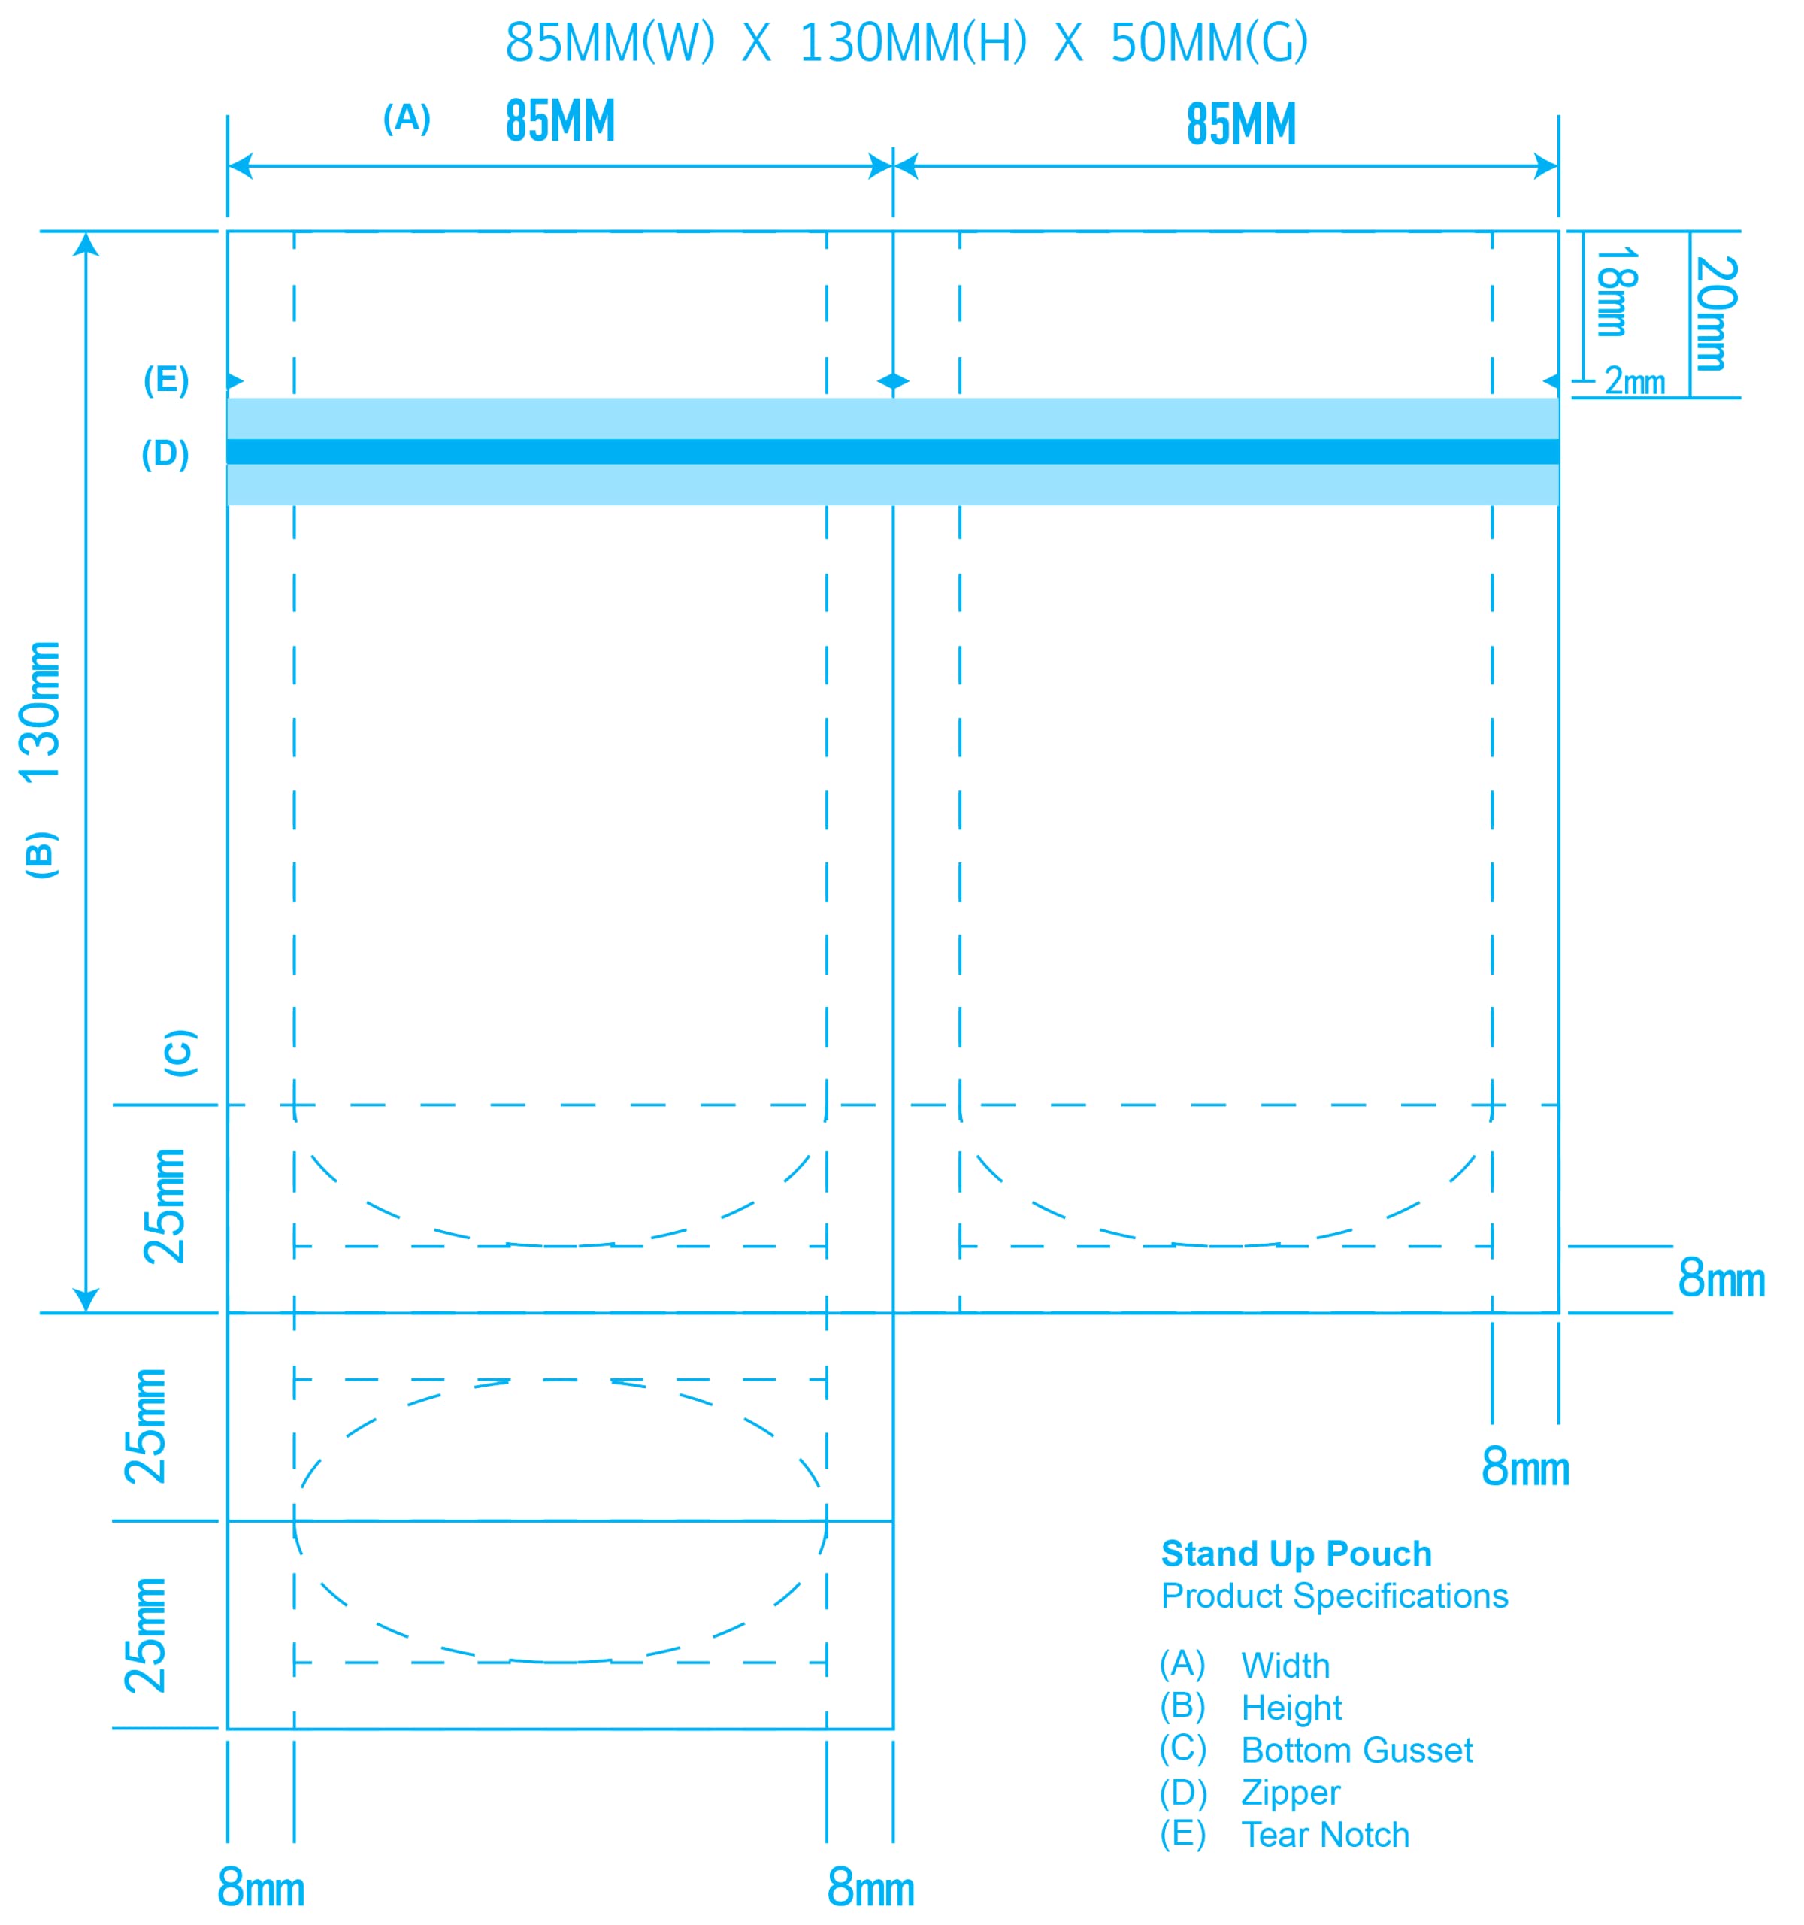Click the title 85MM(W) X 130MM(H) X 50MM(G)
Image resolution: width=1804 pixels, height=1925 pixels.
point(906,43)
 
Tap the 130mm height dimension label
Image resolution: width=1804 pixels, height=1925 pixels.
point(41,711)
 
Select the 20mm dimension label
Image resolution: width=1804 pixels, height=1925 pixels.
point(1716,313)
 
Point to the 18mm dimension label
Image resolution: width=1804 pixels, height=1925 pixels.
point(1615,292)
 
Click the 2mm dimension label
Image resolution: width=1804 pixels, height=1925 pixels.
point(1633,380)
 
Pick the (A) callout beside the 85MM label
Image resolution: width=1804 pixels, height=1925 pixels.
point(407,118)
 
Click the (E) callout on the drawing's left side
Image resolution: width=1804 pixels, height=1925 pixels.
point(165,380)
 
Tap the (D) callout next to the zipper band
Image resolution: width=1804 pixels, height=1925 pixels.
point(165,453)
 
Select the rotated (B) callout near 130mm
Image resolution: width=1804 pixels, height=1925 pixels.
point(41,854)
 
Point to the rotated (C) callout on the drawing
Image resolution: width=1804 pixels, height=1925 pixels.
point(180,1053)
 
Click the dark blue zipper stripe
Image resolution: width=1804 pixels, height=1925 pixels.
point(892,451)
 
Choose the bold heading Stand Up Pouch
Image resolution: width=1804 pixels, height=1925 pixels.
point(1295,1554)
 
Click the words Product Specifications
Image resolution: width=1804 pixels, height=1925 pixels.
point(1333,1596)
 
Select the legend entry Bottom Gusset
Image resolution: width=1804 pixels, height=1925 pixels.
point(1356,1750)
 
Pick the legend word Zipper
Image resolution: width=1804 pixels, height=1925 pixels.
point(1290,1793)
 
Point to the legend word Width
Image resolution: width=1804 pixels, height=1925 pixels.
point(1285,1666)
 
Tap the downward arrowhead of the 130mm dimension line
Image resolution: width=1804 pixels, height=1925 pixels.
point(86,1300)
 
